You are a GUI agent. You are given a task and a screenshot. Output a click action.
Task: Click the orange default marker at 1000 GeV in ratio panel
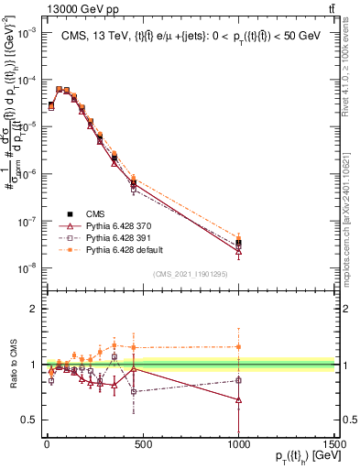point(238,346)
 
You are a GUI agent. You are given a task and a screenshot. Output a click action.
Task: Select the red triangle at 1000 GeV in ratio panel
point(238,399)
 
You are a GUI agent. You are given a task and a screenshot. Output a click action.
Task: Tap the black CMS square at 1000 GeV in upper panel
point(238,243)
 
